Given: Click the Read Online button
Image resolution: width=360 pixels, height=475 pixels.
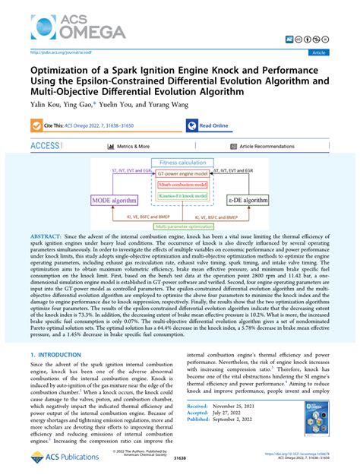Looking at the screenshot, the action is [x=213, y=125].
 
